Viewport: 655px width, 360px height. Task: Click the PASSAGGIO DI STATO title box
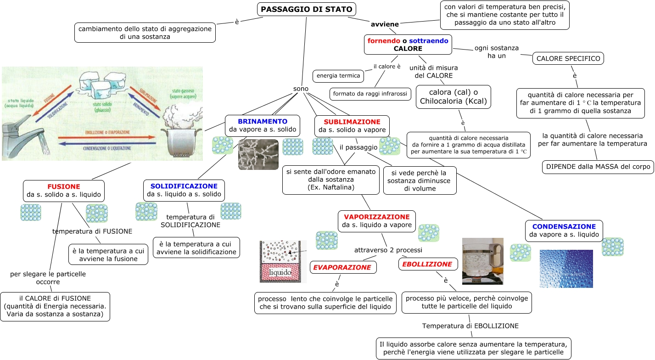click(306, 9)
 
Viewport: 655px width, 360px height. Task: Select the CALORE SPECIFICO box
click(568, 59)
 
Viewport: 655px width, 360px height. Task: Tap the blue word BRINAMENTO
click(262, 122)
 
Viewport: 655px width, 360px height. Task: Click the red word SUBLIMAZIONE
click(352, 122)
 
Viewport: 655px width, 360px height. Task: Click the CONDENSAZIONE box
click(564, 231)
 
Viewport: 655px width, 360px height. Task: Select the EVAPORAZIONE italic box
click(343, 267)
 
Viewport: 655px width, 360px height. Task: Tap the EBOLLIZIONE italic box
click(427, 264)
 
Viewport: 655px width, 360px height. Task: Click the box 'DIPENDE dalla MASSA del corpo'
click(598, 167)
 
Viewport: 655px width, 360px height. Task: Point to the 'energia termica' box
click(338, 75)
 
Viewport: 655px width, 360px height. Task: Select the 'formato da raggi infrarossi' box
click(370, 94)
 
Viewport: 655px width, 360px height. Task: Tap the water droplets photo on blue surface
click(566, 269)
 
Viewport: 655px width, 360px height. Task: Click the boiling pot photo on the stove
click(482, 261)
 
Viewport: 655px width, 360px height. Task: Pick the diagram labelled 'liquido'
click(283, 261)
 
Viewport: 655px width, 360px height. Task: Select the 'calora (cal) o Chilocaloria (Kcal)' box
click(453, 97)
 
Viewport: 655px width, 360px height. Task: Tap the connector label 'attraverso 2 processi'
click(388, 250)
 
